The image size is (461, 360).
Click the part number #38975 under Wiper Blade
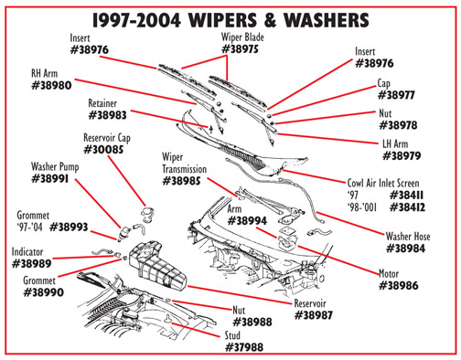point(241,49)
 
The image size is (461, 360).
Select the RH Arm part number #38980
point(51,85)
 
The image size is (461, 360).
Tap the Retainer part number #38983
point(107,115)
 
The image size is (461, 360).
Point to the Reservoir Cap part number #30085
point(103,150)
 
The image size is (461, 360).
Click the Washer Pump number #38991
point(50,179)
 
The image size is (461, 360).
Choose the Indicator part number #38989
point(32,263)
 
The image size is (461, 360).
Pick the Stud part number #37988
point(244,347)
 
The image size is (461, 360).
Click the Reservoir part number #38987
point(314,315)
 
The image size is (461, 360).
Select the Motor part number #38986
point(399,286)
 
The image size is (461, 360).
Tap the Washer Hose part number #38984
point(405,249)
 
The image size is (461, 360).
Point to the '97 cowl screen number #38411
point(407,195)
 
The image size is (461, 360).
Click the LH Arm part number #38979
point(402,156)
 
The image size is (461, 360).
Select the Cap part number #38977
point(396,95)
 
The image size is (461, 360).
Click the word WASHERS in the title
point(326,20)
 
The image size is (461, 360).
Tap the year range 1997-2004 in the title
point(136,20)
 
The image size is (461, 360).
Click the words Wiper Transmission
point(184,164)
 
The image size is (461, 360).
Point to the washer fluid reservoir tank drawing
point(157,266)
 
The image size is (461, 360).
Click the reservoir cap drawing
point(147,213)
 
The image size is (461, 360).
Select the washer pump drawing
point(124,233)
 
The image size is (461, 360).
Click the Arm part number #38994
point(247,221)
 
